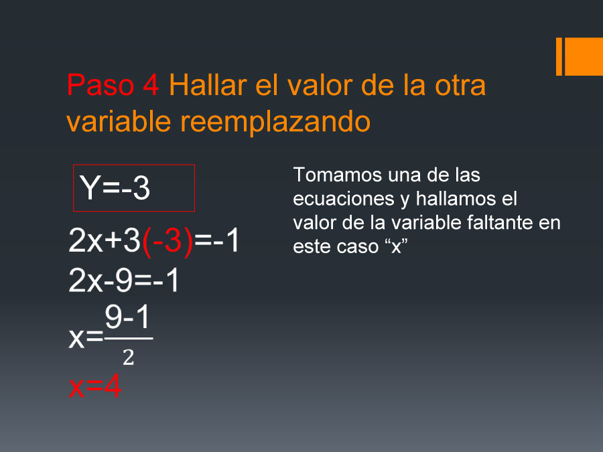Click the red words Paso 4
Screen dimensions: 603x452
(113, 85)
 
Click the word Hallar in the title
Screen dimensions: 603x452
(208, 85)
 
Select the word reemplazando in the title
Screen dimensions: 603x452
(275, 123)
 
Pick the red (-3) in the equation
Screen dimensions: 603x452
(167, 242)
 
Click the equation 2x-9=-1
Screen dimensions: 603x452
(124, 280)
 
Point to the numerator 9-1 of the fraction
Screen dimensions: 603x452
(127, 317)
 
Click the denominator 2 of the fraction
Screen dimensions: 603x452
(129, 358)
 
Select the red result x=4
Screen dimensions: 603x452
(95, 386)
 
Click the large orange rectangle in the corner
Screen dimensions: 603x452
(584, 56)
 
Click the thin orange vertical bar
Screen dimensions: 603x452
(559, 56)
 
